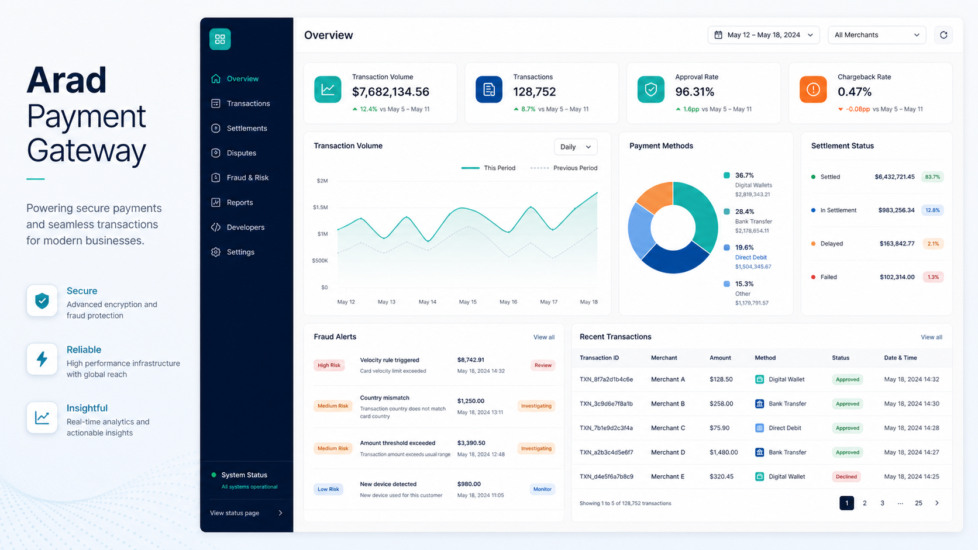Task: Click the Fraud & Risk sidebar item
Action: pos(240,178)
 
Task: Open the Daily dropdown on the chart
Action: pos(576,147)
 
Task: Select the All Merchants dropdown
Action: pos(877,35)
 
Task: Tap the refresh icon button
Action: pos(943,35)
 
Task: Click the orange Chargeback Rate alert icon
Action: pos(813,89)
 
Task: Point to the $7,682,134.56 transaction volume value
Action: pos(391,92)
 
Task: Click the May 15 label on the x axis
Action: pos(467,302)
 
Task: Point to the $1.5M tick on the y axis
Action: pos(321,207)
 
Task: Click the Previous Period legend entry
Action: pos(564,168)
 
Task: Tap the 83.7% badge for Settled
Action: pos(932,177)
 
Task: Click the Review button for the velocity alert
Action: pos(543,365)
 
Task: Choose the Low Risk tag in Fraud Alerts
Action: pos(328,489)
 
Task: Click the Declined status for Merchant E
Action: pos(846,476)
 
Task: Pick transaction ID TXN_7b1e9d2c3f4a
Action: pos(606,428)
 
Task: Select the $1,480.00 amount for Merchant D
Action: pos(724,452)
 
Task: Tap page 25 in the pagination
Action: pos(918,503)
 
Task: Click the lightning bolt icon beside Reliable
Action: pos(42,359)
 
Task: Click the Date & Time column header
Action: pos(900,358)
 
